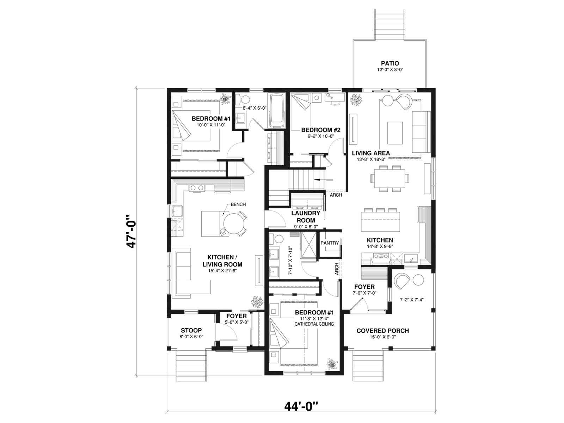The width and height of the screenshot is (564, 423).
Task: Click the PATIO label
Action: point(390,63)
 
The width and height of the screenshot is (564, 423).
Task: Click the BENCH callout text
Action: point(238,204)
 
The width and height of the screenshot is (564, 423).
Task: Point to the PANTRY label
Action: point(329,243)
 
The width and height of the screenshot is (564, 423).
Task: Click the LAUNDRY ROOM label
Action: point(306,216)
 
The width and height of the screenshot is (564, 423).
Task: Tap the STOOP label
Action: point(191,330)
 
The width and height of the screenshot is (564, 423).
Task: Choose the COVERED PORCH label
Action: point(382,331)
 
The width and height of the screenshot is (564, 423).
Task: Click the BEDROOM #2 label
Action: point(321,130)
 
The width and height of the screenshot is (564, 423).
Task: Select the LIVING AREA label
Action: point(370,153)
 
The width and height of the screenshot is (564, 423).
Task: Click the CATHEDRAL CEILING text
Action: point(314,324)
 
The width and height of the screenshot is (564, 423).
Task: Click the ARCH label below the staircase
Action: point(336,195)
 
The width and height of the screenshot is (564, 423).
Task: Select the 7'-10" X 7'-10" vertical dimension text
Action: point(290,261)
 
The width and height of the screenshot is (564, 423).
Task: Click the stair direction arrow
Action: point(323,180)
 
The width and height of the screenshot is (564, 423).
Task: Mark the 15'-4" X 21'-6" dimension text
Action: point(222,270)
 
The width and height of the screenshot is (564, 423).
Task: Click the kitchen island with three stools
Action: point(380,221)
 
